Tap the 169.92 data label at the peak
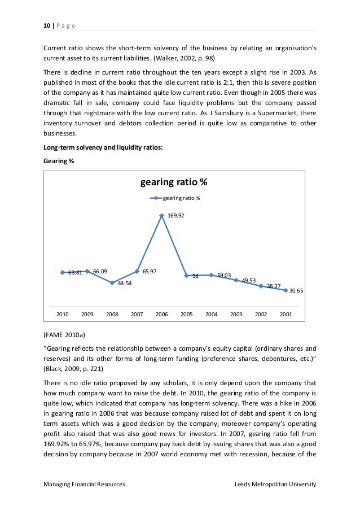(x=176, y=215)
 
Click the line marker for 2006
(x=162, y=215)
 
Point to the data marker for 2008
(x=112, y=283)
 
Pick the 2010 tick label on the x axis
(x=63, y=314)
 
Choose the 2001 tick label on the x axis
(x=286, y=314)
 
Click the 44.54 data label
(x=125, y=284)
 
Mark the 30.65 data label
(x=296, y=291)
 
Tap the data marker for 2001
(x=286, y=290)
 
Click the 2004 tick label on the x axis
(x=211, y=314)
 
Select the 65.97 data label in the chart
(x=150, y=271)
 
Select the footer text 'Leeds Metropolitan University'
(x=275, y=485)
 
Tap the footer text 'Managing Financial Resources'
(x=84, y=485)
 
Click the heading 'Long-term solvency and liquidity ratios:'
(x=104, y=147)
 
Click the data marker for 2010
(x=63, y=272)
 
